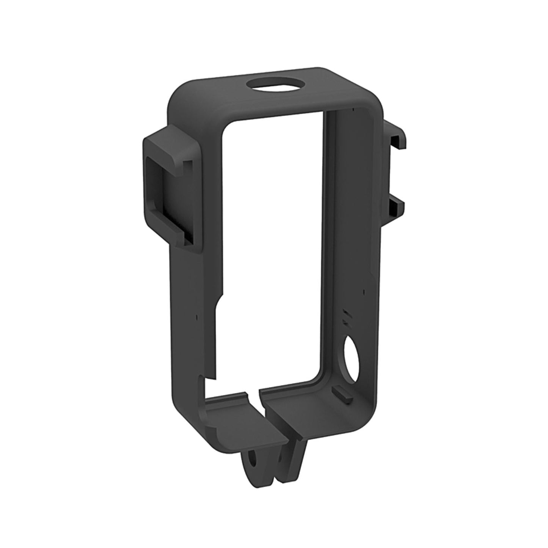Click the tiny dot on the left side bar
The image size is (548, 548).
[x=196, y=316]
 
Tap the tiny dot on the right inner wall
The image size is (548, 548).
[x=363, y=292]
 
